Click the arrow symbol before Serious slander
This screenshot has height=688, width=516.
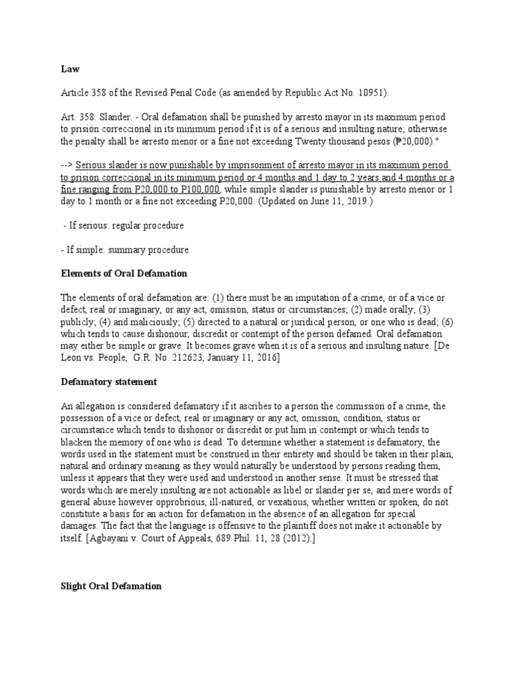(67, 165)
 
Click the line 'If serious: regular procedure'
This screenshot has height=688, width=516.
(123, 226)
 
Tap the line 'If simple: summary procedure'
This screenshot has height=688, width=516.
(124, 250)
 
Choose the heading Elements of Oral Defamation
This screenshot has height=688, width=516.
(124, 273)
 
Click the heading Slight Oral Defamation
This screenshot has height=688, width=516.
(111, 586)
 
